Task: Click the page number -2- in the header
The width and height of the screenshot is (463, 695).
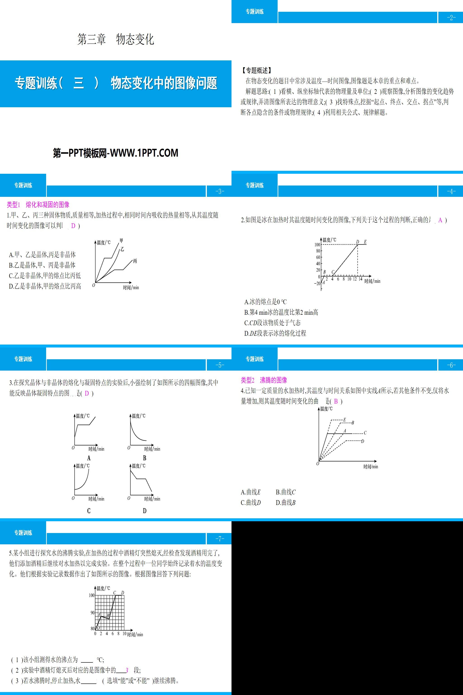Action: pos(451,18)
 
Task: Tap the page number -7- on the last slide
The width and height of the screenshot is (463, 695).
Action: pos(219,539)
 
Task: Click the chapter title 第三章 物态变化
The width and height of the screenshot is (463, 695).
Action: pos(116,40)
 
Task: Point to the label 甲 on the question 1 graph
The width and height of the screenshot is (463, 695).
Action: pos(121,241)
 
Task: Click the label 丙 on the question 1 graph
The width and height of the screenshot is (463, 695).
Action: pos(135,261)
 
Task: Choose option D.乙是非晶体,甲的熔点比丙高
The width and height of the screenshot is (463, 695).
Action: pos(45,286)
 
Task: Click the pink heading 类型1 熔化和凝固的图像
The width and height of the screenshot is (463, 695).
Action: pos(38,205)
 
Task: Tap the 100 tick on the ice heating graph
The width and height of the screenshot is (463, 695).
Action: pos(317,245)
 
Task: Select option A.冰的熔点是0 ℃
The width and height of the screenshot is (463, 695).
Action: pos(265,302)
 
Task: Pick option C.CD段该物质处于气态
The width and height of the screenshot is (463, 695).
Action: pos(272,323)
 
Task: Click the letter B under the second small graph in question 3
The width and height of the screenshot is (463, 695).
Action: pos(144,458)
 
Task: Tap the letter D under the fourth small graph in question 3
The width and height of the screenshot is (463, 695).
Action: pos(144,511)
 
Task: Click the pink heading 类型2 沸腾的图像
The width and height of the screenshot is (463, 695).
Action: pos(264,380)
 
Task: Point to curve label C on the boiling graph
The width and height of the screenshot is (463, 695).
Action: pos(365,433)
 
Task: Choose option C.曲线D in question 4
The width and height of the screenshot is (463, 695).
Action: pos(251,502)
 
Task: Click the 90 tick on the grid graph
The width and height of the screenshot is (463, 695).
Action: pos(92,613)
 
